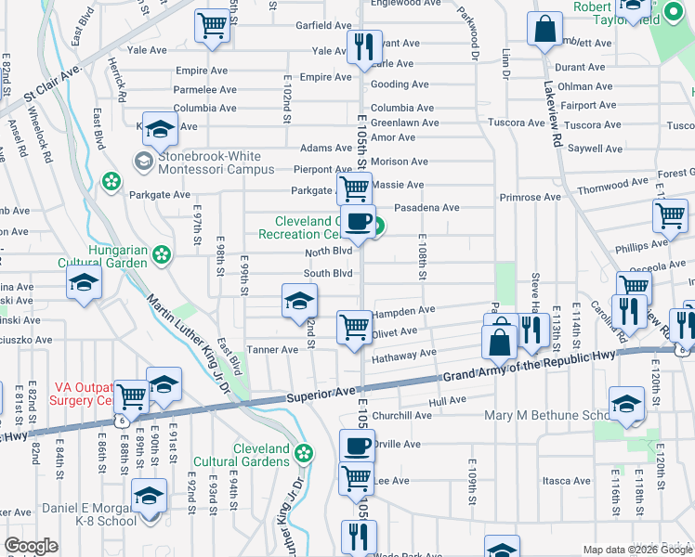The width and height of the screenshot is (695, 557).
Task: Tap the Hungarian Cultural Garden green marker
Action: coord(163,253)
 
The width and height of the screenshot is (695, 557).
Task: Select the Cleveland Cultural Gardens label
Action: coord(242,455)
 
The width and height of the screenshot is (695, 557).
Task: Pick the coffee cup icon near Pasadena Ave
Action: coord(358,222)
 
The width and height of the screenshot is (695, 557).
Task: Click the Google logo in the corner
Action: coord(31,546)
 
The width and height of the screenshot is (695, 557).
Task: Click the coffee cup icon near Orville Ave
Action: coord(356,447)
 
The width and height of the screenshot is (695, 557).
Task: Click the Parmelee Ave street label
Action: coord(206,90)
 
